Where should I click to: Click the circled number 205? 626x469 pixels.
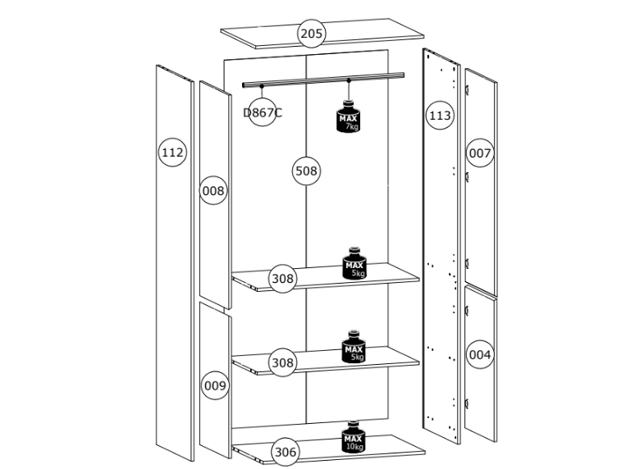pos(311,34)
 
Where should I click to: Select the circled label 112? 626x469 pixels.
pos(172,153)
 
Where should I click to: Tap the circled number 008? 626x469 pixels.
pos(213,191)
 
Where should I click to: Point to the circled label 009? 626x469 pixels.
pos(215,385)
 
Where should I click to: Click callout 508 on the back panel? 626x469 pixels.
pos(306,171)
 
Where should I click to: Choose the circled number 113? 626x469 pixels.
pos(440,116)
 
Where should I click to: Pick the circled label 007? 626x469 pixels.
pos(480,153)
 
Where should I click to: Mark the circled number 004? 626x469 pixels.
pos(480,355)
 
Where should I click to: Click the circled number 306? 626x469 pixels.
pos(284,451)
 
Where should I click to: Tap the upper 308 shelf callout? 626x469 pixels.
pos(282,279)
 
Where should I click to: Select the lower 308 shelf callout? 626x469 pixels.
pos(282,362)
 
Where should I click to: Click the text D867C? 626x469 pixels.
pos(263,113)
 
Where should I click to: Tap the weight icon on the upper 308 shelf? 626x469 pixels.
pos(354,263)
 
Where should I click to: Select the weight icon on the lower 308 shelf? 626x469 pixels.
pos(354,348)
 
